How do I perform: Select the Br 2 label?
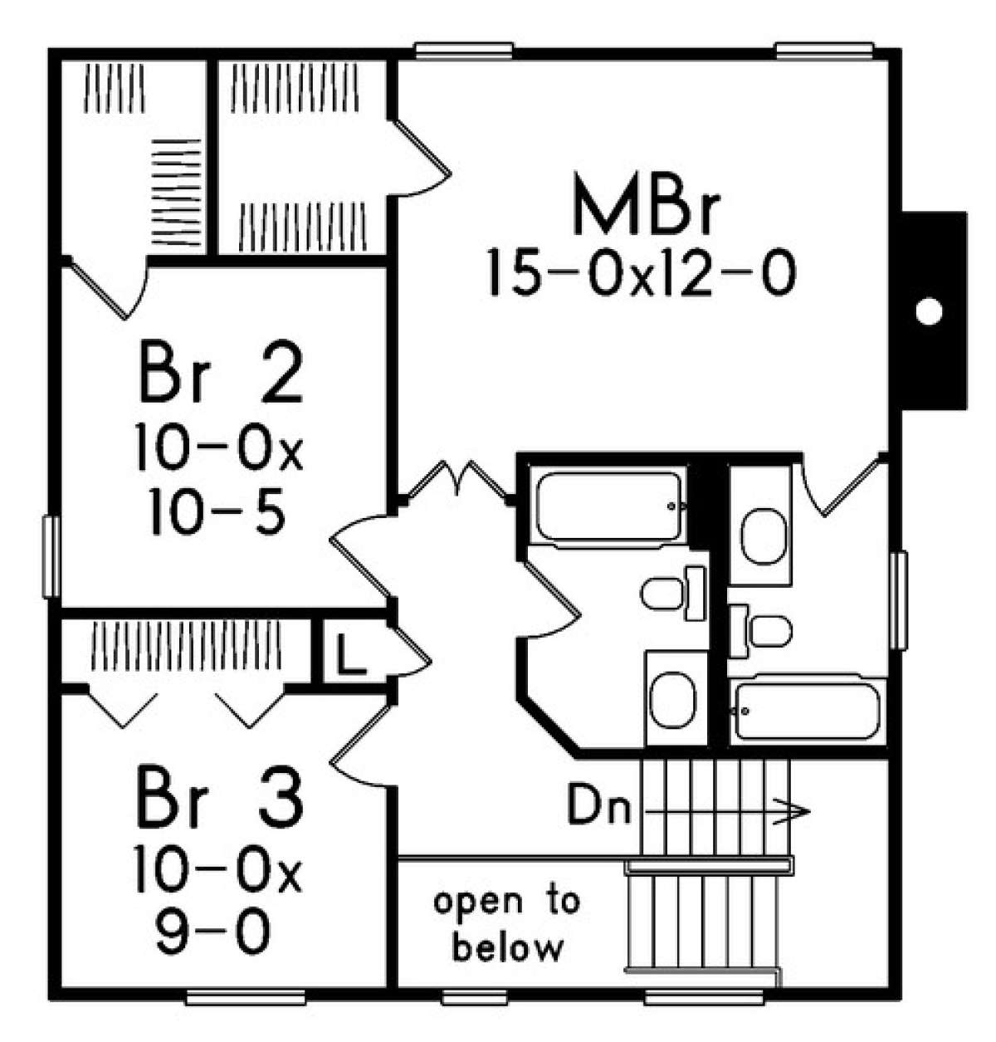[221, 374]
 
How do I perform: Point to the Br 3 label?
[221, 798]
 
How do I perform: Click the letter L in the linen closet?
[350, 657]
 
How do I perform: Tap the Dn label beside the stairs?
[599, 808]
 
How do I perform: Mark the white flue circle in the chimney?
[929, 312]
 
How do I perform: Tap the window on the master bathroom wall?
[899, 599]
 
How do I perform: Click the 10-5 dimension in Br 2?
[217, 511]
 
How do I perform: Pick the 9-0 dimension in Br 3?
[213, 932]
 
